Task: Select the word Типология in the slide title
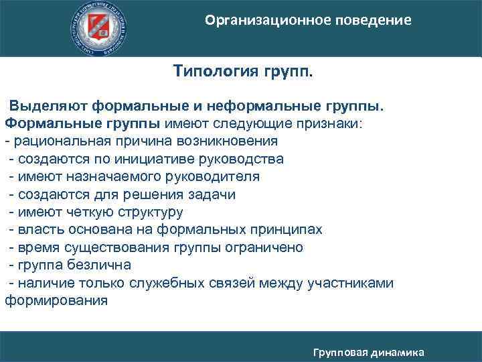tap(213, 71)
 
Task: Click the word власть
tap(37, 230)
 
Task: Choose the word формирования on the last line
tap(56, 300)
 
